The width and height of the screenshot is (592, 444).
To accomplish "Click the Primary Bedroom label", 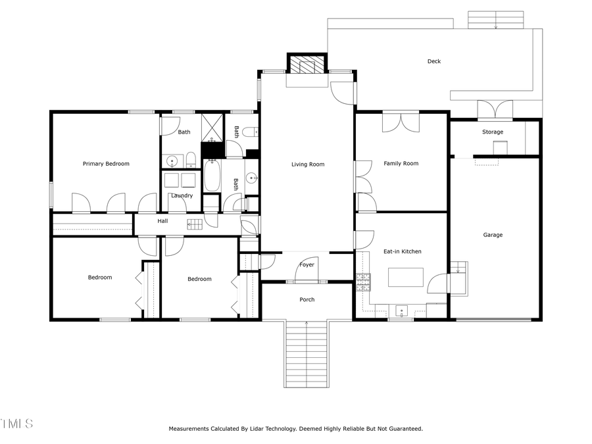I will coord(106,164).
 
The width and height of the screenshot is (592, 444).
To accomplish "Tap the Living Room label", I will coord(308,164).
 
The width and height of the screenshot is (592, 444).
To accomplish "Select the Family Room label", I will coord(401,164).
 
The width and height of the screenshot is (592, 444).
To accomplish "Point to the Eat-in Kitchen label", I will coord(403,251).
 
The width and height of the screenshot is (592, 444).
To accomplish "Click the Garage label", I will coord(493,235).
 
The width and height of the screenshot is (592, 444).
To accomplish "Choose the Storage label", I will coord(493,132).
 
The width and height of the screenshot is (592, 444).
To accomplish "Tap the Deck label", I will coord(434,61).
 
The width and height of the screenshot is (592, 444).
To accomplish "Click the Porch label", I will coord(307,299).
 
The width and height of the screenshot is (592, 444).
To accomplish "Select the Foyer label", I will coord(307,265).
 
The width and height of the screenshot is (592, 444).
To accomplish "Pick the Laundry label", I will coord(182,195).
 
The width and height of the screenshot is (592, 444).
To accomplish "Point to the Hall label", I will coord(162,221).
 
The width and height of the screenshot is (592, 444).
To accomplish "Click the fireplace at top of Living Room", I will coord(307,65).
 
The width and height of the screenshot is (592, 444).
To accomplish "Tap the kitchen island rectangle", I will coord(406,278).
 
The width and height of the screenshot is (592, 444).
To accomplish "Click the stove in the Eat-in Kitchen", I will coord(363,282).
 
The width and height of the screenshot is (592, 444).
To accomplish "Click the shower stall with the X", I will coord(212,128).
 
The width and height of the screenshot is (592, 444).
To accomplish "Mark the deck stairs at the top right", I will coord(495,20).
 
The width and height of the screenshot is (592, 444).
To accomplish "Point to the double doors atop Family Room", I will coord(401,122).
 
